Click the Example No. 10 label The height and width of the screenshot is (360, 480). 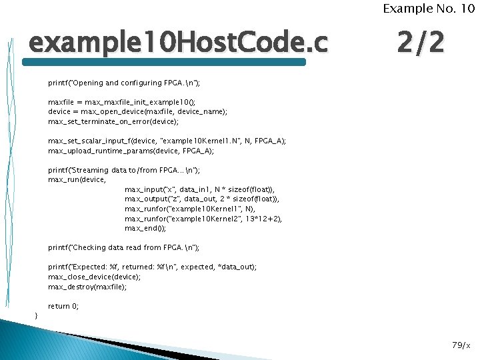click(428, 9)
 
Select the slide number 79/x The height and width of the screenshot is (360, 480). click(461, 345)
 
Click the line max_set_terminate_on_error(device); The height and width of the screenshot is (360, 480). click(113, 122)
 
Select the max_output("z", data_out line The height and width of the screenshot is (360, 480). click(202, 199)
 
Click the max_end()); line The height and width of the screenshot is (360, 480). click(145, 228)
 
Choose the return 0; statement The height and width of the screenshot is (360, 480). click(63, 306)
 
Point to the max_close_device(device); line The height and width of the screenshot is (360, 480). click(94, 277)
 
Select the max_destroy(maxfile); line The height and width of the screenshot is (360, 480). click(87, 287)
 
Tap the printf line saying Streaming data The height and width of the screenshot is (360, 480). click(123, 171)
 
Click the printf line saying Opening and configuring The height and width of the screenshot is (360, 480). click(124, 83)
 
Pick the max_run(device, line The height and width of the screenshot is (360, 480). click(77, 180)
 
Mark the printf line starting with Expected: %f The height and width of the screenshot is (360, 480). click(152, 267)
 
